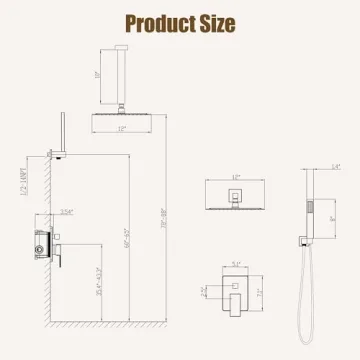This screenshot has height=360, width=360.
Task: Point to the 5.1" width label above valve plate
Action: (235, 265)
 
